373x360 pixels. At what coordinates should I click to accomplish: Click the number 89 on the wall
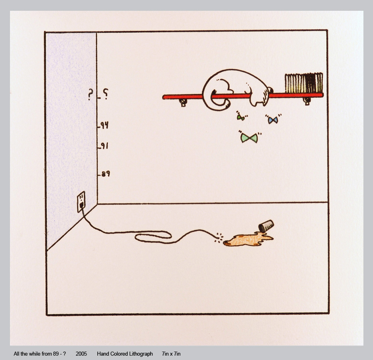coord(106,174)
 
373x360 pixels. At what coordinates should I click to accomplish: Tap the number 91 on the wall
coord(105,146)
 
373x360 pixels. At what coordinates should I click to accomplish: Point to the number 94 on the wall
coord(105,125)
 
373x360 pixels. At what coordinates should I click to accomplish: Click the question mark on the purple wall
coord(90,94)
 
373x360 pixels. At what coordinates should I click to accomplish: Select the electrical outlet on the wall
coord(81,202)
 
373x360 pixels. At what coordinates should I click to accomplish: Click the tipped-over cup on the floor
coord(266,226)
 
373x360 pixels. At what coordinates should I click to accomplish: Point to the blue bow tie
coord(273,120)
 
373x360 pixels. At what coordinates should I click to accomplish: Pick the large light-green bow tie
coord(249,138)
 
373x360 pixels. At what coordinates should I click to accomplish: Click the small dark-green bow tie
coord(240,117)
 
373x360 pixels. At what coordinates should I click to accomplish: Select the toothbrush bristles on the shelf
coord(304,83)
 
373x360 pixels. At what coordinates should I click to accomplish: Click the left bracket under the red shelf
coord(183,103)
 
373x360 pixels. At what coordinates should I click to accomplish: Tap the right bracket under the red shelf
coord(307,101)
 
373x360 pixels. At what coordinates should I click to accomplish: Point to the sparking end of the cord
coord(219,237)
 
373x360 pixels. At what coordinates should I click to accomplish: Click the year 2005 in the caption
coord(81,354)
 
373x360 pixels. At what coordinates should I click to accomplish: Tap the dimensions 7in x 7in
coord(171,354)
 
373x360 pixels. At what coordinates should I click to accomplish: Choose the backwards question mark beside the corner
coord(105,94)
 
